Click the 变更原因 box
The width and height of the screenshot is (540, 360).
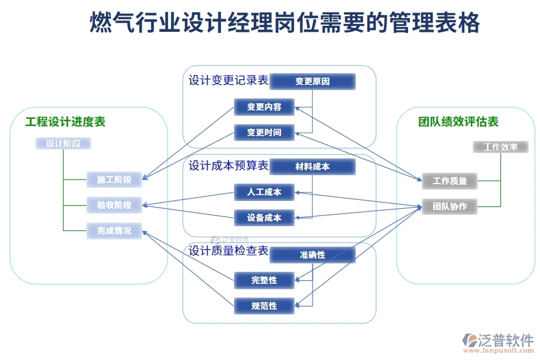[x=312, y=81]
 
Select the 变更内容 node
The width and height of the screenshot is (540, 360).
[x=264, y=107]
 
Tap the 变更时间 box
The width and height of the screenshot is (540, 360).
[x=264, y=132]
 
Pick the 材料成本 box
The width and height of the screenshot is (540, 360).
[x=312, y=166]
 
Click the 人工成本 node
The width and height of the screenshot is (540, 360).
[x=264, y=193]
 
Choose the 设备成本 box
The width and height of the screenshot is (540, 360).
[x=264, y=217]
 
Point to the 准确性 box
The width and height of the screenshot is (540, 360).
[x=312, y=254]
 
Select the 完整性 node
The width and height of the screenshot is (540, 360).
[x=264, y=280]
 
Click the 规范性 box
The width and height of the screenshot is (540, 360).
[x=264, y=305]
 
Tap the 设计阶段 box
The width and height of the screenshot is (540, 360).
[x=63, y=143]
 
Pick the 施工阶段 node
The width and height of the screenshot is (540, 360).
[x=114, y=179]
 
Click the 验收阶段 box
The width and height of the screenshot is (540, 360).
[x=114, y=205]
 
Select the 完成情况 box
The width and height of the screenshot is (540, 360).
[x=114, y=230]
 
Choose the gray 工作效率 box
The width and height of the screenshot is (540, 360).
[x=500, y=147]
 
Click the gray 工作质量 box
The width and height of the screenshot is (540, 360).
[x=449, y=181]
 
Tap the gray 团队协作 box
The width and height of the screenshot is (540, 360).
[x=449, y=206]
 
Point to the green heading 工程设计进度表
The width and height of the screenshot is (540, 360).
[x=65, y=122]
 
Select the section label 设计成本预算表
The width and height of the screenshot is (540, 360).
[x=229, y=166]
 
